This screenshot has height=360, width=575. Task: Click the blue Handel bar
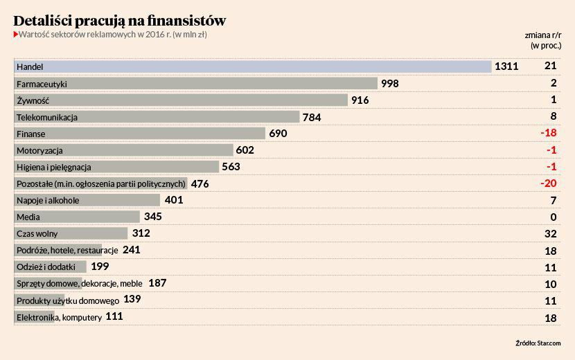click(x=253, y=66)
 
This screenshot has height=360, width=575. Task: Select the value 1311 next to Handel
click(x=506, y=66)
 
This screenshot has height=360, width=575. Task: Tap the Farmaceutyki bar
click(x=196, y=83)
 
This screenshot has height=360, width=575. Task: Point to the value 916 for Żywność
click(x=360, y=100)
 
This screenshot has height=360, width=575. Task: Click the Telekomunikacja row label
click(x=47, y=117)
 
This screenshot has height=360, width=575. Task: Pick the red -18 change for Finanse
click(x=549, y=133)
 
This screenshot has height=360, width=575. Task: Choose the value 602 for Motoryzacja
click(x=245, y=150)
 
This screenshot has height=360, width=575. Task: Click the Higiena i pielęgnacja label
click(x=54, y=167)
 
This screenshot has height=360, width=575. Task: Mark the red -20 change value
click(x=549, y=183)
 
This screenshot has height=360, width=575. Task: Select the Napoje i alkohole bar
click(x=87, y=200)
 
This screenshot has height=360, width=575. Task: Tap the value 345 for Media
click(x=153, y=217)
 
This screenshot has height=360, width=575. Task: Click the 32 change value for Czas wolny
click(x=551, y=234)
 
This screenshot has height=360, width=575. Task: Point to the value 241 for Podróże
click(x=132, y=250)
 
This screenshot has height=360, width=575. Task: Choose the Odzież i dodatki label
click(x=46, y=267)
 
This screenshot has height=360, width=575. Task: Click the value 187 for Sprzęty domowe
click(x=157, y=283)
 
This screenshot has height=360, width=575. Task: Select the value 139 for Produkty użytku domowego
click(x=132, y=300)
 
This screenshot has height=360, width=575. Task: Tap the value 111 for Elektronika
click(x=114, y=316)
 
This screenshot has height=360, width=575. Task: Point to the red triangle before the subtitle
click(x=15, y=34)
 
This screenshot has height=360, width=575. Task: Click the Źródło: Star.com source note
click(x=538, y=343)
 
